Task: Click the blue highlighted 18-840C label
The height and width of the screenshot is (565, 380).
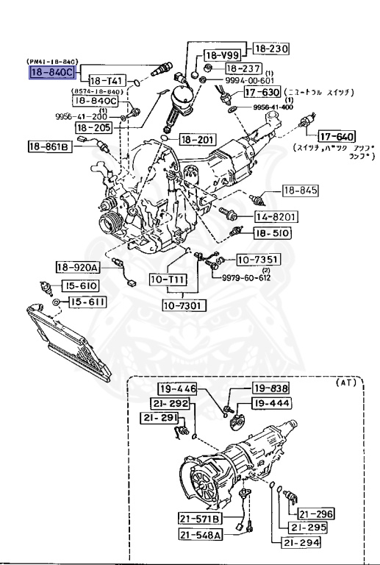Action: coord(51,71)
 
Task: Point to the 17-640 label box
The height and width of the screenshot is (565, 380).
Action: coord(336,137)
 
